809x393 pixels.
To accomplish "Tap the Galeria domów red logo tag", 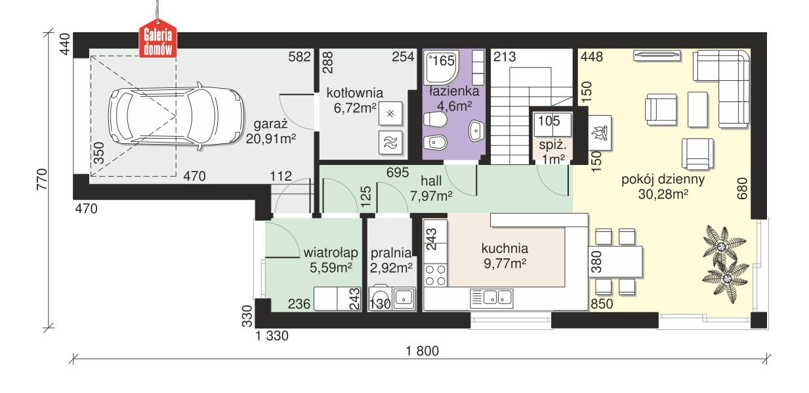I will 157,40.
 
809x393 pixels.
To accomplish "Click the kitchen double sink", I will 491,298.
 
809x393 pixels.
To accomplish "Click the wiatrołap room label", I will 330,252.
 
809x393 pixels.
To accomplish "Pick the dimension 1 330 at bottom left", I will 272,336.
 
